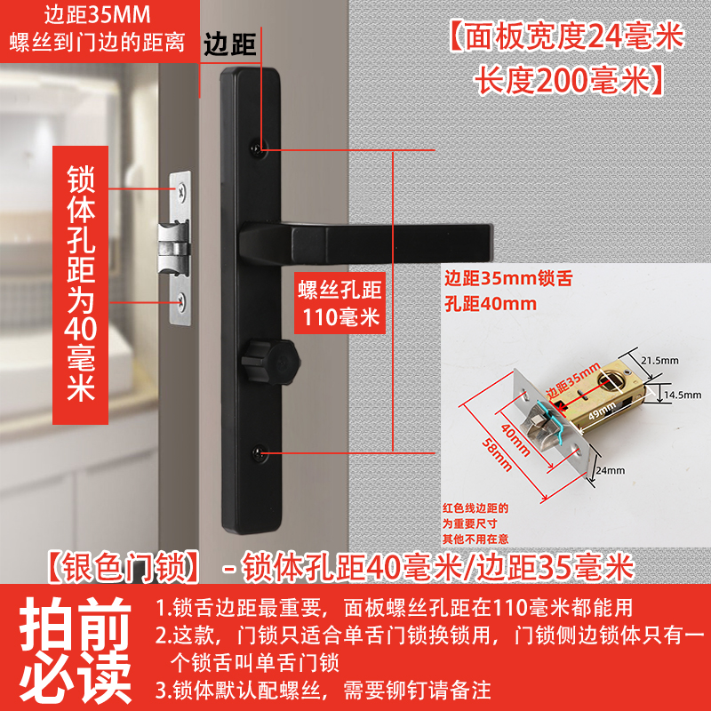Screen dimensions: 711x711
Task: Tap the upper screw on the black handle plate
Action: point(257,148)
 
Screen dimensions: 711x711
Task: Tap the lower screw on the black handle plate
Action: point(258,452)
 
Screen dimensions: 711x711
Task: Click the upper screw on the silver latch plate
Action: point(181,192)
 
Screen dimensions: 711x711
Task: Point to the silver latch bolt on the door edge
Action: point(172,249)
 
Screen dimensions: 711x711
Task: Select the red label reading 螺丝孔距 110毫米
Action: point(340,303)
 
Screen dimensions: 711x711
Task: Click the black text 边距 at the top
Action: point(230,44)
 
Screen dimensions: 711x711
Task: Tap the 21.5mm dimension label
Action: point(659,361)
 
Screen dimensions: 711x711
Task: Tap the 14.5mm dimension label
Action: point(683,395)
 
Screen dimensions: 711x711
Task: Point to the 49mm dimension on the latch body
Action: point(602,411)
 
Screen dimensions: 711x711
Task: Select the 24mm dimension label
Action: point(611,470)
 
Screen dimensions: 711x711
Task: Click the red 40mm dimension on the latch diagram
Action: point(516,439)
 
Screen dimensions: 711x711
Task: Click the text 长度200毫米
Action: point(563,81)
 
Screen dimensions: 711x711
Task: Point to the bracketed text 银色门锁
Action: point(124,568)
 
